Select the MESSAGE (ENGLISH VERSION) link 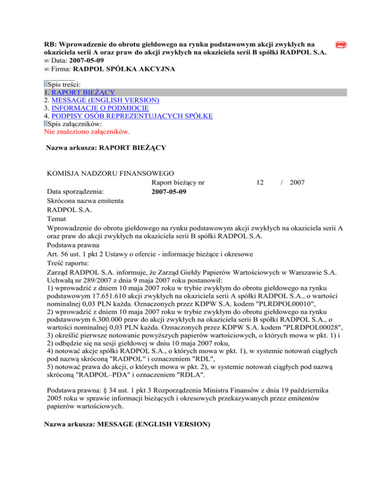pos(106,100)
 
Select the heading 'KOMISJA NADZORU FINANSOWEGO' pos(110,173)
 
